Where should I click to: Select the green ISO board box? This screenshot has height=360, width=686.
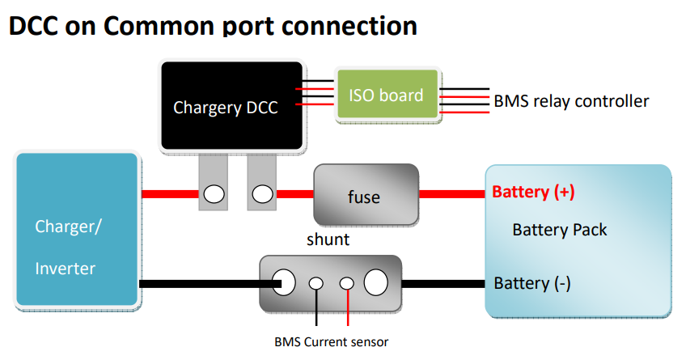386,95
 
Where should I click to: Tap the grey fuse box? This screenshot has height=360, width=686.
365,195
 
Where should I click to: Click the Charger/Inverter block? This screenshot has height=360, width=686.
76,230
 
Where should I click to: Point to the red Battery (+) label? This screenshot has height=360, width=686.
533,193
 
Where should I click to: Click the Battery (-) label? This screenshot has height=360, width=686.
532,283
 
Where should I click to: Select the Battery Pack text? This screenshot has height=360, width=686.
559,230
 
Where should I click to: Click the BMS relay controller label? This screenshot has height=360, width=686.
571,101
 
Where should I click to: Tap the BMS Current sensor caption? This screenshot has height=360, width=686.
331,341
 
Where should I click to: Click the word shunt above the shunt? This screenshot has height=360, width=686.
328,239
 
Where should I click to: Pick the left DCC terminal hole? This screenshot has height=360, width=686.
214,194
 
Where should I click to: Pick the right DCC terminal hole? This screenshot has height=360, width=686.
261,194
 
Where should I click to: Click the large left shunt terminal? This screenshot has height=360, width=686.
286,283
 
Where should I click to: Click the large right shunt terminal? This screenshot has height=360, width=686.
376,283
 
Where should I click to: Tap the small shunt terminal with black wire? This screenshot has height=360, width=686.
316,283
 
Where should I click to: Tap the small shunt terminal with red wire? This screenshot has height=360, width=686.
346,283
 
